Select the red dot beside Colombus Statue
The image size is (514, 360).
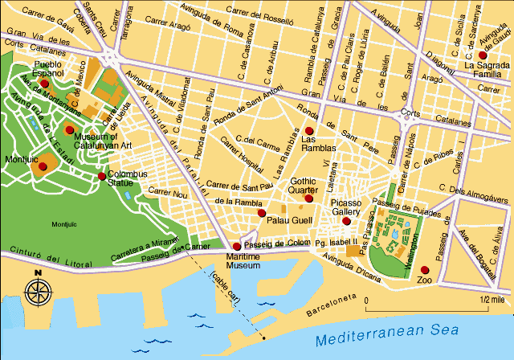(x=101, y=176)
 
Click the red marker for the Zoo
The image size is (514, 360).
(x=425, y=270)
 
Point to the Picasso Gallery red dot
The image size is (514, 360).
(x=346, y=221)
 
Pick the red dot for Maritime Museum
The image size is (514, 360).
(x=236, y=247)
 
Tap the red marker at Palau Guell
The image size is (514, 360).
(x=261, y=214)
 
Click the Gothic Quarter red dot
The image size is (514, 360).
(x=308, y=198)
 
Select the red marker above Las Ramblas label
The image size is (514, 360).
(x=308, y=130)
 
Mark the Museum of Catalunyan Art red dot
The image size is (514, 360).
(x=70, y=129)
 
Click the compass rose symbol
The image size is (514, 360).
(x=37, y=291)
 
